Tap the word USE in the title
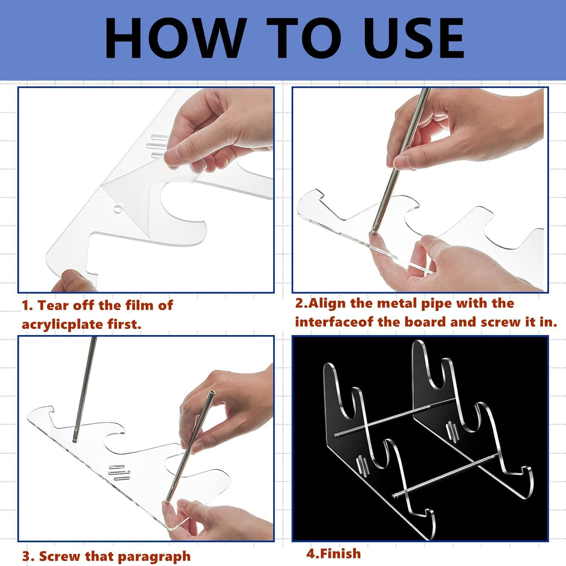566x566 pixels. [410, 39]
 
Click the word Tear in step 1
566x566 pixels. [53, 305]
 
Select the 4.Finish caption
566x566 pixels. [333, 554]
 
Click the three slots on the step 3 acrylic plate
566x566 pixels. [119, 472]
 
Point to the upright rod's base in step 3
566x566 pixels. [75, 440]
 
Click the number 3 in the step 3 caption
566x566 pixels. [26, 556]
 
